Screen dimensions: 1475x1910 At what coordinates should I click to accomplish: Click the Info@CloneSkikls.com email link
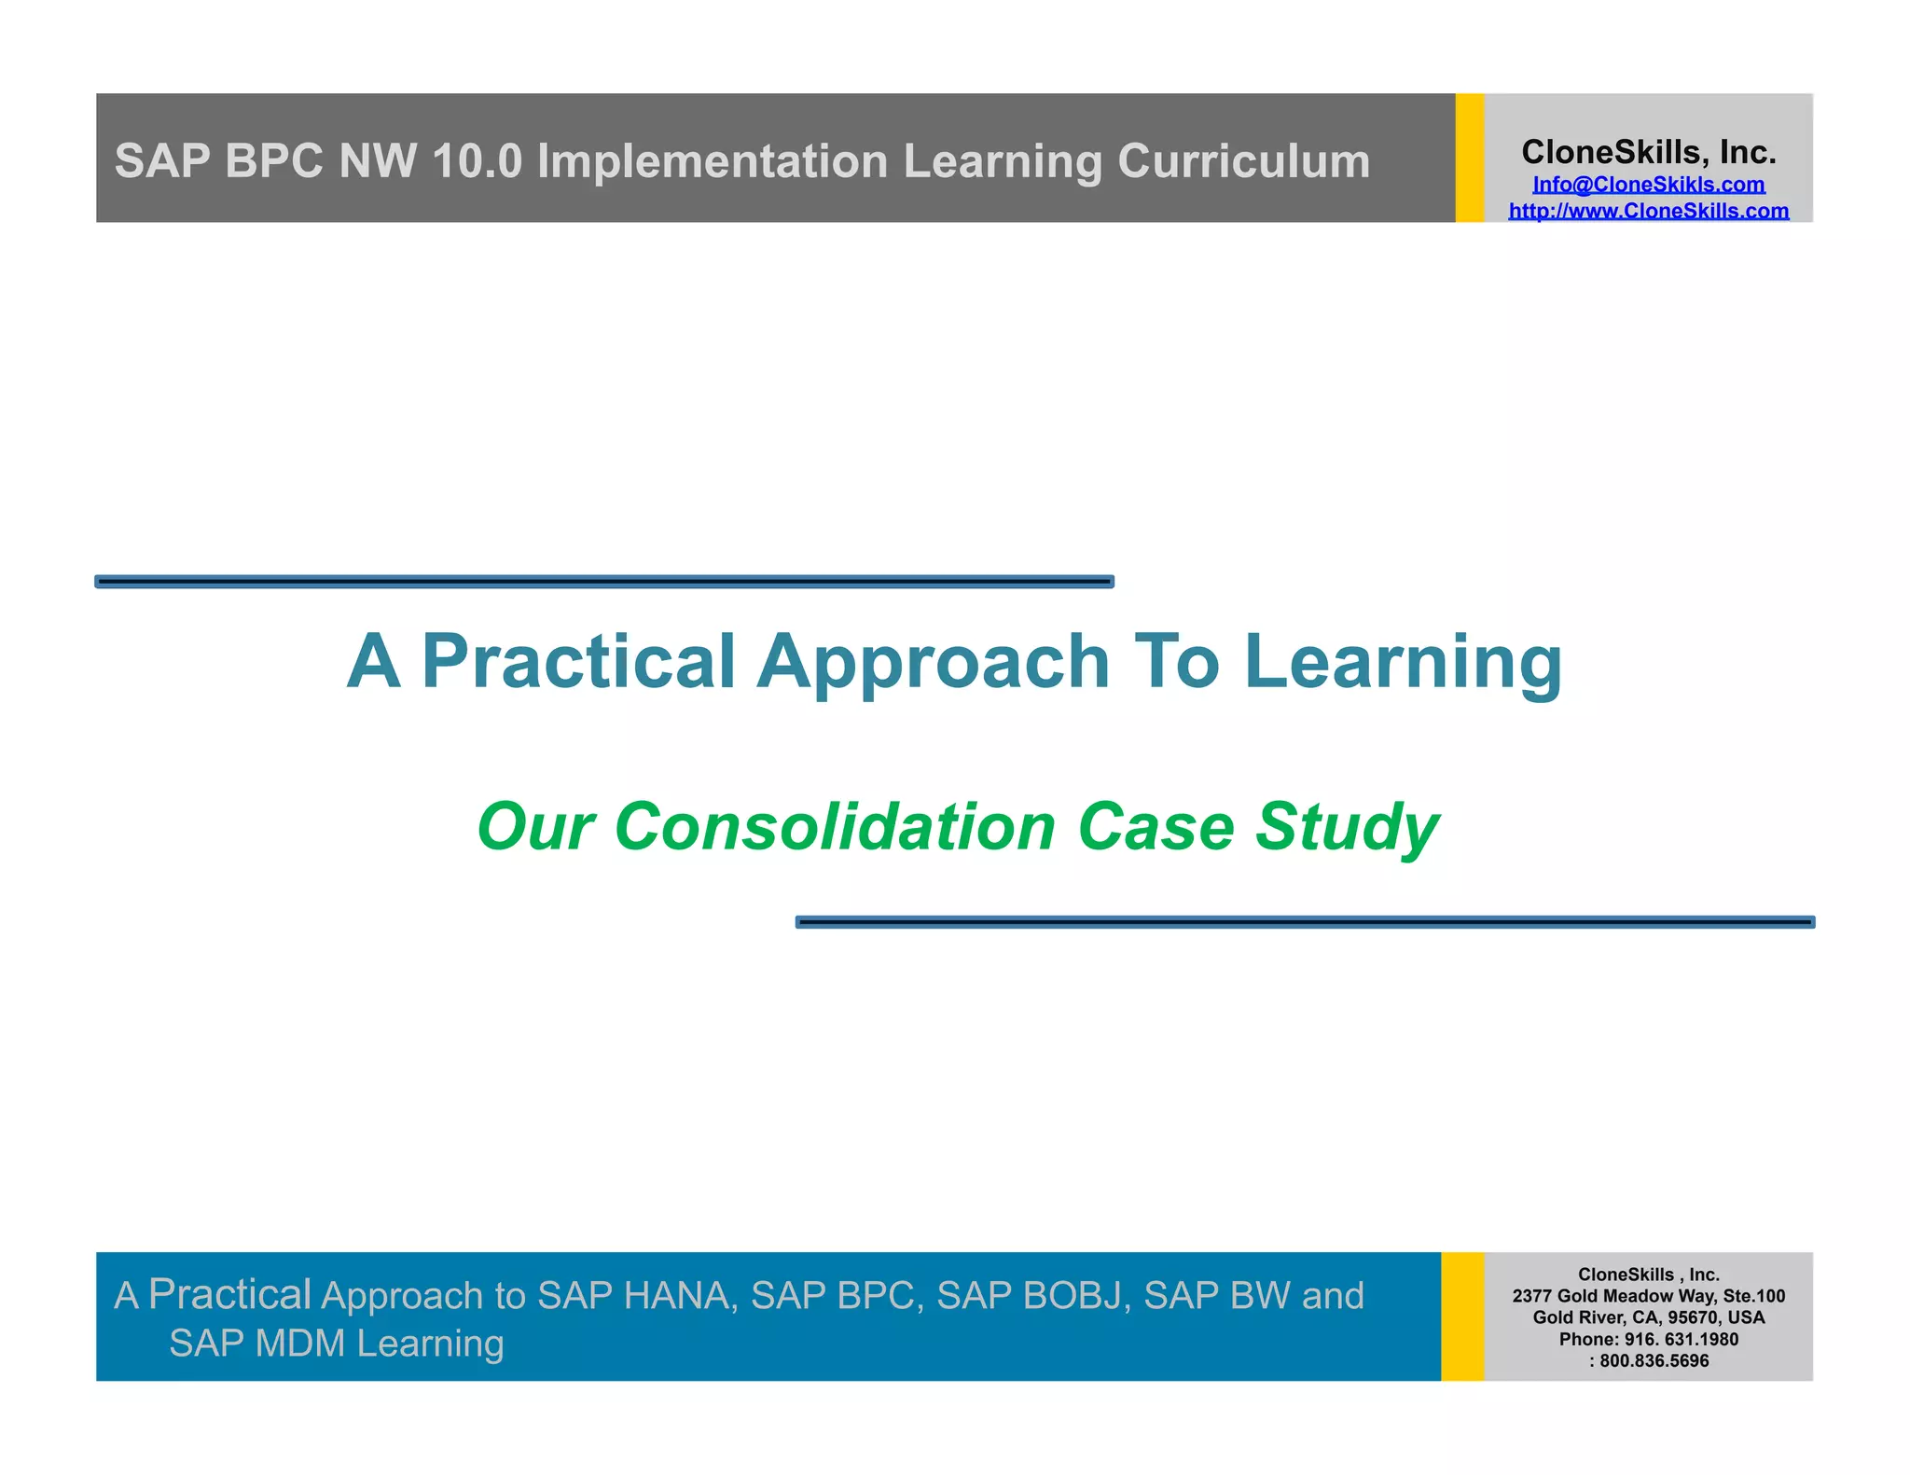1648,185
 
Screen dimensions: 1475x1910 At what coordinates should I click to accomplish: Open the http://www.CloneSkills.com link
1648,211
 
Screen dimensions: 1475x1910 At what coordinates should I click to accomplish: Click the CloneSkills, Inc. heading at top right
1648,151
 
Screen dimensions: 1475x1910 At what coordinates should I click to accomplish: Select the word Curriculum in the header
1243,160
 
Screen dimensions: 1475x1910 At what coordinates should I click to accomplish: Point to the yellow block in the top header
1469,158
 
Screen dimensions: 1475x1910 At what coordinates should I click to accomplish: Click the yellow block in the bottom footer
1461,1316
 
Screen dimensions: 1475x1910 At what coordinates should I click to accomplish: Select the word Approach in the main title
933,661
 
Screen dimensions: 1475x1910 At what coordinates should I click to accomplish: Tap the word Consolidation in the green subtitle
835,826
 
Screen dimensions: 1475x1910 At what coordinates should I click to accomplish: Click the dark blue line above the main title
604,582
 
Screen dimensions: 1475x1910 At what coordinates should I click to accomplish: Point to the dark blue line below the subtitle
1304,922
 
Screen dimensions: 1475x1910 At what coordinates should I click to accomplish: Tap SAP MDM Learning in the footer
336,1344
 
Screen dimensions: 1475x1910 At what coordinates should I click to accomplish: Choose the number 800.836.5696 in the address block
1654,1360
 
